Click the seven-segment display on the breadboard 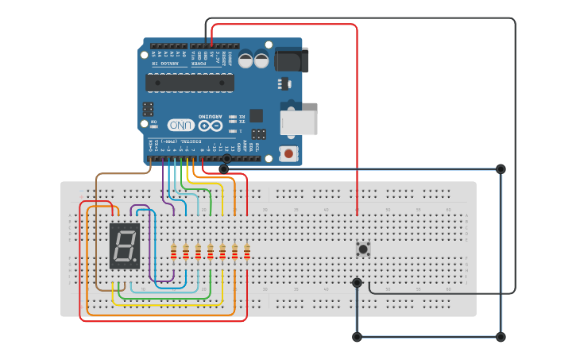pos(125,246)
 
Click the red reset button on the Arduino pos(288,153)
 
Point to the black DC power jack pos(292,60)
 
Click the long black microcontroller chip pos(190,83)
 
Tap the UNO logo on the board pos(180,126)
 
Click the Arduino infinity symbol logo pos(211,126)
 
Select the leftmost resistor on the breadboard pos(174,252)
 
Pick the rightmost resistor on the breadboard pos(247,252)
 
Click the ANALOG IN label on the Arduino pos(166,63)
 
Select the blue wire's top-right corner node pos(501,168)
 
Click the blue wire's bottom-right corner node pos(501,337)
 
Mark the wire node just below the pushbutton pos(357,283)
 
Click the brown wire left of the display pos(96,238)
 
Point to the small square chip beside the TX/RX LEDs pos(256,115)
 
